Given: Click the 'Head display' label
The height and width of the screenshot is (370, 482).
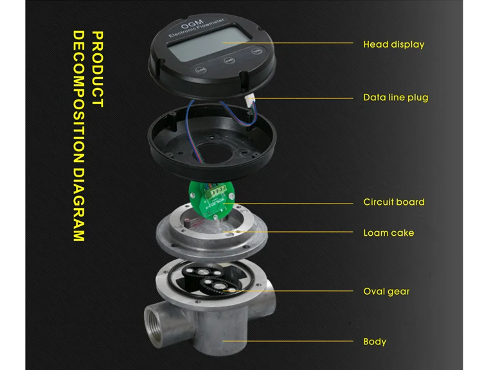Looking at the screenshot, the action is point(394,44).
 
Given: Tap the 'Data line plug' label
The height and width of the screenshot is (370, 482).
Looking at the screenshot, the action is point(396,98).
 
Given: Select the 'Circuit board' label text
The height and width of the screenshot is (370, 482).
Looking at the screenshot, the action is point(394,202).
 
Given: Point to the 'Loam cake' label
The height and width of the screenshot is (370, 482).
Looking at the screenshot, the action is point(389,233).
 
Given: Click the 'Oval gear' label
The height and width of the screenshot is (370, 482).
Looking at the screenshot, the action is point(386,292).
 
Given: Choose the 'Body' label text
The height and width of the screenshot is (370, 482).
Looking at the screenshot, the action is point(375,342).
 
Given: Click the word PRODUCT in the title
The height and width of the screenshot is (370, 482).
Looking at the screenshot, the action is point(98,69).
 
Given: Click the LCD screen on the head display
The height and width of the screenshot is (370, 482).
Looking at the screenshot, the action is point(208,43).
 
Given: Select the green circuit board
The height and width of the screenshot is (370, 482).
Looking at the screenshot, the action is point(211,200).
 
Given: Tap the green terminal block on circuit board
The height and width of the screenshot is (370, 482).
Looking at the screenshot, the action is point(217,192).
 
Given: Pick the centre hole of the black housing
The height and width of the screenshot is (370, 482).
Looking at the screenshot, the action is point(212,153).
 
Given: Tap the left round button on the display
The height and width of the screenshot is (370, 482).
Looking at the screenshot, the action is point(201,70).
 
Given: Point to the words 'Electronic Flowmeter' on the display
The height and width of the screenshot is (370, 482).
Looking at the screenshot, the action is point(196,28).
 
